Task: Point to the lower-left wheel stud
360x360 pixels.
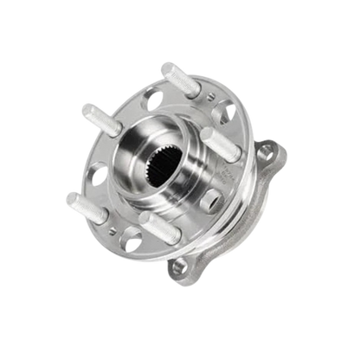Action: [x=84, y=205]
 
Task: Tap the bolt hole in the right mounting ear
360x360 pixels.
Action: [x=270, y=158]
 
